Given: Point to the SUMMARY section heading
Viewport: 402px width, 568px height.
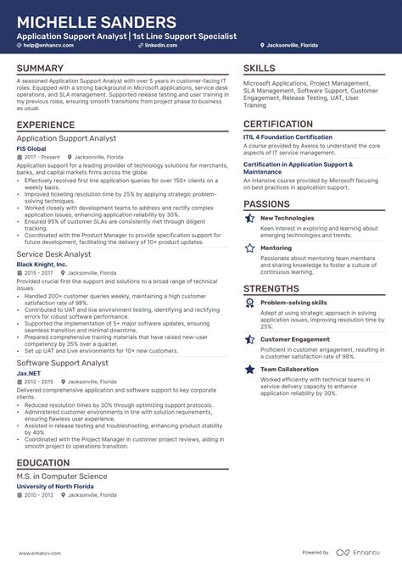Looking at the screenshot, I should pos(40,68).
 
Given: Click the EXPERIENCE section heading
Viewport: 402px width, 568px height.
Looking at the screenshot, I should pos(46,125).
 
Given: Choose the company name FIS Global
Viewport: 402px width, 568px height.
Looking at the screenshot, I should pos(32,148).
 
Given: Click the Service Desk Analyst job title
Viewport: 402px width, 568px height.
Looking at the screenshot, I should pos(54,254).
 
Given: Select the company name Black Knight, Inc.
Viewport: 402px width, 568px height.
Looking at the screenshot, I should pos(41,265).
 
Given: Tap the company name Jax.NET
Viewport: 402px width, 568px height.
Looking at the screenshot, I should pos(29,371).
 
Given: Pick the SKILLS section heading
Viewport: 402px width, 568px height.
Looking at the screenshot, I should pos(259,68).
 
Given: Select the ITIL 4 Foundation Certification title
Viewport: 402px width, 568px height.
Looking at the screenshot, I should pos(288,136).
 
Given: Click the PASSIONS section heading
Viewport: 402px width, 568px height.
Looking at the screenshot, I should pos(267,204).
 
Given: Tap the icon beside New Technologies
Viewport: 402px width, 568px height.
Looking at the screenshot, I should pos(249,219).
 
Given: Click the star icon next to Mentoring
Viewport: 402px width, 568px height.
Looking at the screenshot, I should pos(249,248).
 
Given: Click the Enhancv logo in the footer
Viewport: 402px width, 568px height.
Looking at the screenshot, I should pos(360,552).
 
